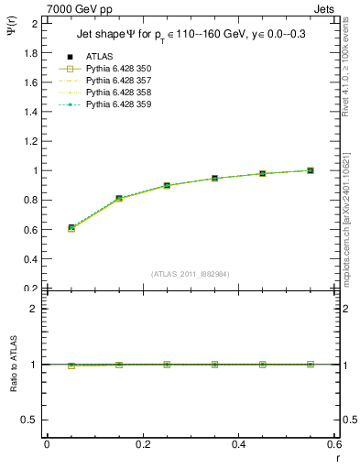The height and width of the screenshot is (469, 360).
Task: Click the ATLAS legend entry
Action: [100, 56]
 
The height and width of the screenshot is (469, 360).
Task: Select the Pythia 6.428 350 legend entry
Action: [112, 69]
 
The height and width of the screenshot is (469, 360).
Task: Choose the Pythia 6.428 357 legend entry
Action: [112, 81]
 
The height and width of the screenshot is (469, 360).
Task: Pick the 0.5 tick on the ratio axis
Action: [31, 420]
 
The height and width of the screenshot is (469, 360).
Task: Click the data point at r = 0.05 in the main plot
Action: [71, 227]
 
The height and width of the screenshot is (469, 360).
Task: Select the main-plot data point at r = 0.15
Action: [119, 198]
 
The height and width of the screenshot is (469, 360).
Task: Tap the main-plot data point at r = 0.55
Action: [311, 170]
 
